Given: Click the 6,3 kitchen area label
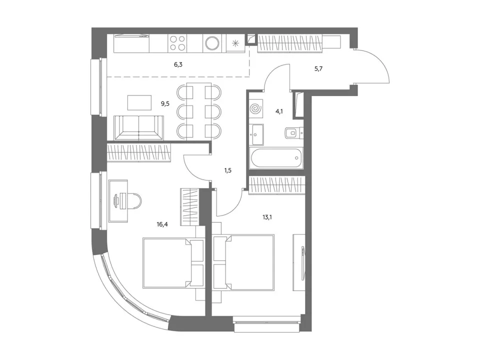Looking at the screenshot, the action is (x=178, y=64).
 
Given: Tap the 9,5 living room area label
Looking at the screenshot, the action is (x=165, y=104).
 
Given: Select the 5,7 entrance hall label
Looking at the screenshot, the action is (x=318, y=69).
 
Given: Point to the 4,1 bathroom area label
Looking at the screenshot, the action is (x=279, y=111).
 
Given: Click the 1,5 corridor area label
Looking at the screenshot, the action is (x=228, y=170).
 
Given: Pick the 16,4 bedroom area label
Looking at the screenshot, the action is (x=162, y=224).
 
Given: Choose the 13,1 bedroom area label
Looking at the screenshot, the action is (x=267, y=217).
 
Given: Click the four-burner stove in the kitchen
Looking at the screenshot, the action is (x=177, y=43).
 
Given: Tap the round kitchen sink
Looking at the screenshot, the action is (x=212, y=43).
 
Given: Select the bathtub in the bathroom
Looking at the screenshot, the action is (x=276, y=157).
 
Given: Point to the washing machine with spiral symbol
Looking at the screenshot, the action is (x=256, y=108).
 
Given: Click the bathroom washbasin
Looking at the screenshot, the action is (x=256, y=134).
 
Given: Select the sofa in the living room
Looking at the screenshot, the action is (x=138, y=128).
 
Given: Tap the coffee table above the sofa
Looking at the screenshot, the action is (x=139, y=102).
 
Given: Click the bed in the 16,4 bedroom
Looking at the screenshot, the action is (x=173, y=263).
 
